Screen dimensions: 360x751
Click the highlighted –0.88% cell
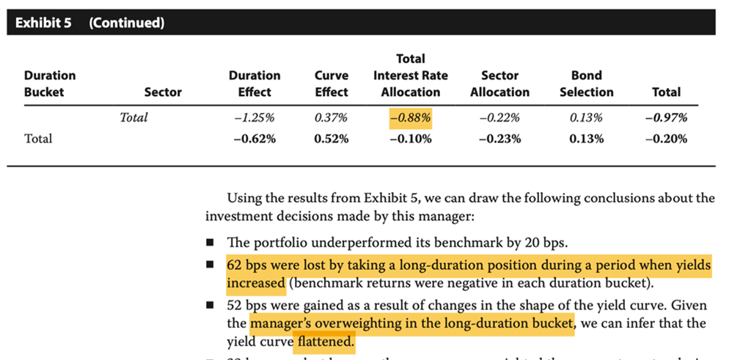click(411, 117)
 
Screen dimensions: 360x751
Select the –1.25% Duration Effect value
click(254, 117)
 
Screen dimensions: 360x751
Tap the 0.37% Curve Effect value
click(331, 117)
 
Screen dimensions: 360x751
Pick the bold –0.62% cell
click(254, 139)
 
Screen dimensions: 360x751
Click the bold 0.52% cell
click(331, 139)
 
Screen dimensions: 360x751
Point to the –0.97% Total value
click(666, 117)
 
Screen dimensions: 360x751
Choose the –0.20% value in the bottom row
click(666, 139)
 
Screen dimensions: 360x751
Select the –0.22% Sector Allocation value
click(499, 117)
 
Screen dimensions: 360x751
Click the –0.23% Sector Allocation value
click(499, 139)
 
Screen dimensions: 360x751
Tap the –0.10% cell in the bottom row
click(411, 139)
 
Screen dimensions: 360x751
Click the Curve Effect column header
click(331, 84)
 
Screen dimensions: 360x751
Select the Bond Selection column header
click(586, 84)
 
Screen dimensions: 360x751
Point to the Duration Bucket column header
click(50, 84)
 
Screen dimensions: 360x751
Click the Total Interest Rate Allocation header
click(411, 76)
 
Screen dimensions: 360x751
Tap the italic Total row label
click(133, 117)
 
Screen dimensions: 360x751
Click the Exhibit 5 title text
click(43, 23)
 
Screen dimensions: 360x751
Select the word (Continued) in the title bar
click(126, 23)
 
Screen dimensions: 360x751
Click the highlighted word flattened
click(324, 342)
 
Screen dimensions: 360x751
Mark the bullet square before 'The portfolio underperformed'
click(210, 243)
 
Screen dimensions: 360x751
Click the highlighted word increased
click(256, 282)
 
